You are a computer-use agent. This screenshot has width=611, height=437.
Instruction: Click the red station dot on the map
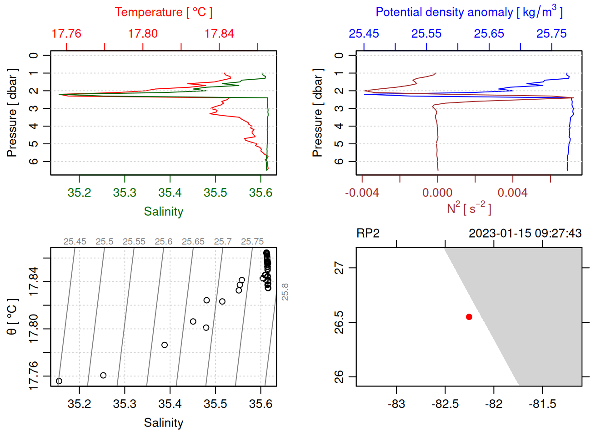point(469,317)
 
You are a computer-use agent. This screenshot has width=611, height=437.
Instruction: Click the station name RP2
point(368,234)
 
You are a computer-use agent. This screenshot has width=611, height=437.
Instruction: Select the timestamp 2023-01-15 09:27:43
point(525,234)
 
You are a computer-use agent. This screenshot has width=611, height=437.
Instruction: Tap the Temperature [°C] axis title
point(163,12)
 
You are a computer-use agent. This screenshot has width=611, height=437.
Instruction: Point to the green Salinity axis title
point(163,212)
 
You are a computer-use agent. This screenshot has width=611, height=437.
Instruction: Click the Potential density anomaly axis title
point(469,12)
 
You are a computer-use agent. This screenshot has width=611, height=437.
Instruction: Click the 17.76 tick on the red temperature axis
point(66,34)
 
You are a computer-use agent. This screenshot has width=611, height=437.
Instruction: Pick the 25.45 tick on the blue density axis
point(364,34)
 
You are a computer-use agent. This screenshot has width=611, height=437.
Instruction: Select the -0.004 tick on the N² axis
point(362,193)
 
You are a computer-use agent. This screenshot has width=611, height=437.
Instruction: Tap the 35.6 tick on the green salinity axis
point(260,193)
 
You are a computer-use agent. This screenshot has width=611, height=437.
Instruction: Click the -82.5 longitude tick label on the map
point(445,404)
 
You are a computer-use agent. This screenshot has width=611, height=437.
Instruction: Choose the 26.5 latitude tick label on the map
point(339,322)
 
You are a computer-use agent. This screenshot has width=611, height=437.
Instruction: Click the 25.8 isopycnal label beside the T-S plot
point(285,292)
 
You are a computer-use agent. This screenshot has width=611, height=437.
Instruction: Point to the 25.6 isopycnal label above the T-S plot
point(163,242)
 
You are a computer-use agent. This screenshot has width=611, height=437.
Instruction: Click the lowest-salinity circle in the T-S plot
point(59,381)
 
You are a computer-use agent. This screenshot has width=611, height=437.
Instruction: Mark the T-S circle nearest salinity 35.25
point(103,376)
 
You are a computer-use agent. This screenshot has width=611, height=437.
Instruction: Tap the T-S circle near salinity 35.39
point(165,345)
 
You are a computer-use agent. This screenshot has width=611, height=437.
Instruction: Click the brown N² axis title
point(469,208)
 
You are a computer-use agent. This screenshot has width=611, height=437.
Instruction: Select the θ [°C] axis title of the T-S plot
point(12,317)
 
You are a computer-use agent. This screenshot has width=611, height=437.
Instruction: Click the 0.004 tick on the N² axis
point(512,193)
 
